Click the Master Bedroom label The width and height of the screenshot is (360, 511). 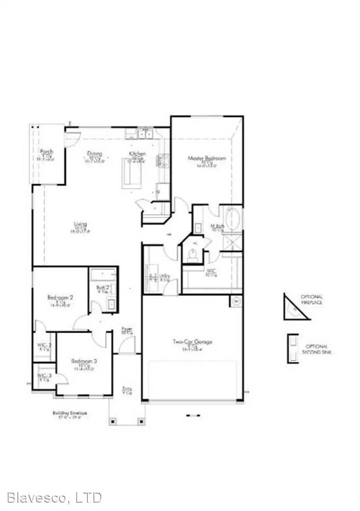(207, 158)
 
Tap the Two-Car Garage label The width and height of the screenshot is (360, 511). (192, 342)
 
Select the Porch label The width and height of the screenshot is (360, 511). (46, 152)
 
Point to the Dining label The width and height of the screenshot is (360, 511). (95, 154)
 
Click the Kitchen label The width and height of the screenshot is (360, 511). (138, 154)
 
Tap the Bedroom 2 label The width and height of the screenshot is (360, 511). (60, 298)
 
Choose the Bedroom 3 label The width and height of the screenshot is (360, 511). (84, 361)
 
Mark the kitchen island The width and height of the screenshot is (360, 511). (132, 174)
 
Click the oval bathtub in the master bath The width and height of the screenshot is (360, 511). (232, 218)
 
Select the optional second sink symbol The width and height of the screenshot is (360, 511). (293, 349)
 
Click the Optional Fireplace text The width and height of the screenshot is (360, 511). (312, 300)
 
